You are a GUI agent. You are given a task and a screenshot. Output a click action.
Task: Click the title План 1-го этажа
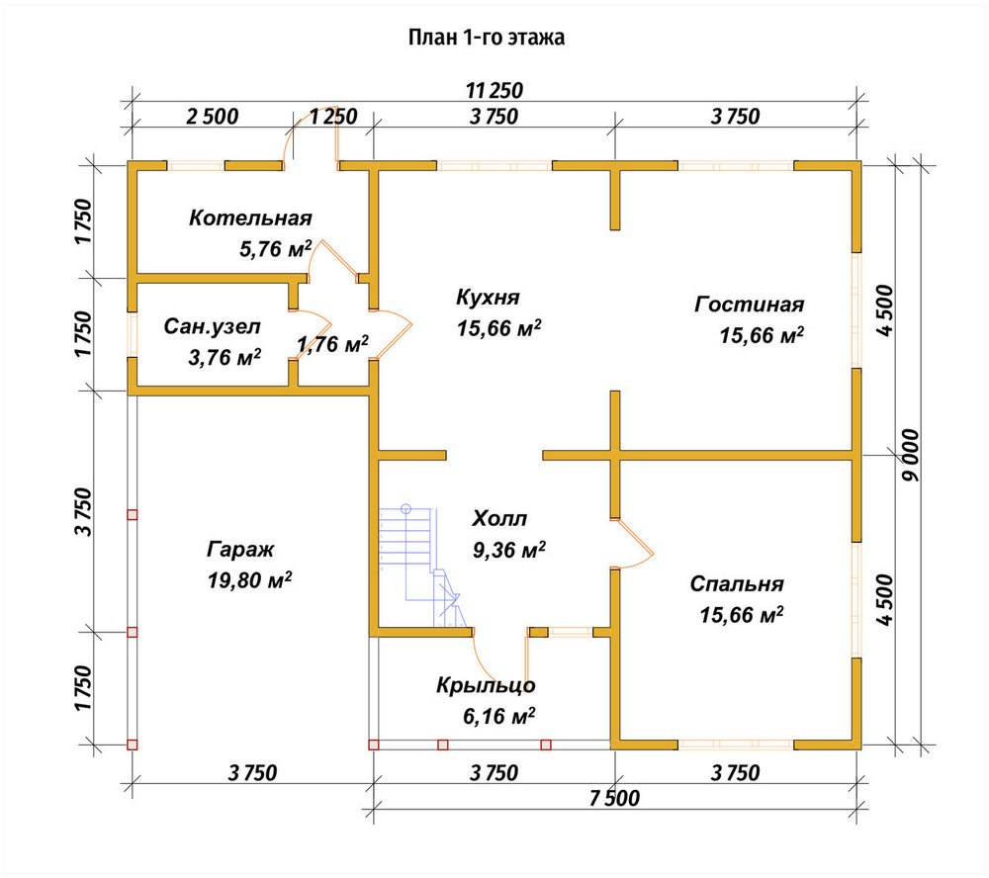click(x=487, y=38)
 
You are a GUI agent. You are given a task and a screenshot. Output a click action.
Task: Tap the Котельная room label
click(x=250, y=218)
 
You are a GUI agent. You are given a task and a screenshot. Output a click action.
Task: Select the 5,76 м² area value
click(x=276, y=248)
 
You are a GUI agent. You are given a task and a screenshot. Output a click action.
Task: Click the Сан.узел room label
click(x=212, y=326)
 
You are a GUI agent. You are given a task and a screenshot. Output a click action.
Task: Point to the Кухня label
click(x=488, y=297)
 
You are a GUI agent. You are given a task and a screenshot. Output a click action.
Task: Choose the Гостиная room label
click(x=750, y=304)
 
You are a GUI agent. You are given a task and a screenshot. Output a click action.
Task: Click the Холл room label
click(x=499, y=518)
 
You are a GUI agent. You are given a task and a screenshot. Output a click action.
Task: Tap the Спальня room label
click(x=737, y=583)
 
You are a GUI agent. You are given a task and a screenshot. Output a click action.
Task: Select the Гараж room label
click(x=240, y=550)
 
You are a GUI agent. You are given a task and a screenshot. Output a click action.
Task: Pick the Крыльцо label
click(x=486, y=685)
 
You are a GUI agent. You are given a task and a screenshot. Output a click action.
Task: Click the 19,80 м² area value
click(x=250, y=579)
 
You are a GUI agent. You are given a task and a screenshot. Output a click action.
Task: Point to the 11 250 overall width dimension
click(x=494, y=90)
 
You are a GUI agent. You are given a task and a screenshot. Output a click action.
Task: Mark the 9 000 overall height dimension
click(x=910, y=456)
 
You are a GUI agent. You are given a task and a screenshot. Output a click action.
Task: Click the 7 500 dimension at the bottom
click(x=614, y=798)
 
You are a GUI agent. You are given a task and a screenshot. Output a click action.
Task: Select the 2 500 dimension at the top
click(x=213, y=116)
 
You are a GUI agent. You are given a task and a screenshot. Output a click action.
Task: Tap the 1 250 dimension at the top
click(x=333, y=116)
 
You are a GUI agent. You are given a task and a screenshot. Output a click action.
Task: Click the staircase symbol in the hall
click(x=419, y=566)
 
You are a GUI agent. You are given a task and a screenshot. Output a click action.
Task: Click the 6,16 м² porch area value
click(x=498, y=716)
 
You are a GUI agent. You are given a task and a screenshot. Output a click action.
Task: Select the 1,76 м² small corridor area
click(x=332, y=344)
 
